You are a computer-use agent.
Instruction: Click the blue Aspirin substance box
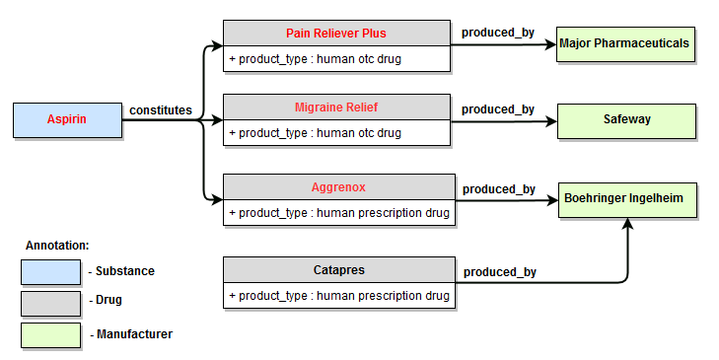[x=66, y=119]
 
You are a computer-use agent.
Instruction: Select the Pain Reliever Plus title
[x=339, y=33]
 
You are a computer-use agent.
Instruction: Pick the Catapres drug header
[x=339, y=269]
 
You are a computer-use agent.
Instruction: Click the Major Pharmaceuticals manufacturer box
[x=624, y=44]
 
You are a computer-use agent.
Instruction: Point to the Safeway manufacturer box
[x=627, y=119]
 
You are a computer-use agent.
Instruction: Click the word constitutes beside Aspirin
[x=161, y=110]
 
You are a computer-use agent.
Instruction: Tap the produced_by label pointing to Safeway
[x=498, y=108]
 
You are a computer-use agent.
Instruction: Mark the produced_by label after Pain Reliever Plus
[x=498, y=33]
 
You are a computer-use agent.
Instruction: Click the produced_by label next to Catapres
[x=500, y=272]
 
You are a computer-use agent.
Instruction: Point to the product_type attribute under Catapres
[x=339, y=296]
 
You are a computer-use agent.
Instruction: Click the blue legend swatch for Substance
[x=50, y=271]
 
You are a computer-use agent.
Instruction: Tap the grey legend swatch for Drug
[x=50, y=303]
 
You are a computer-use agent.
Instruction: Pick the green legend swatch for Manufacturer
[x=50, y=334]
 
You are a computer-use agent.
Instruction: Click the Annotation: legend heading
[x=56, y=244]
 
